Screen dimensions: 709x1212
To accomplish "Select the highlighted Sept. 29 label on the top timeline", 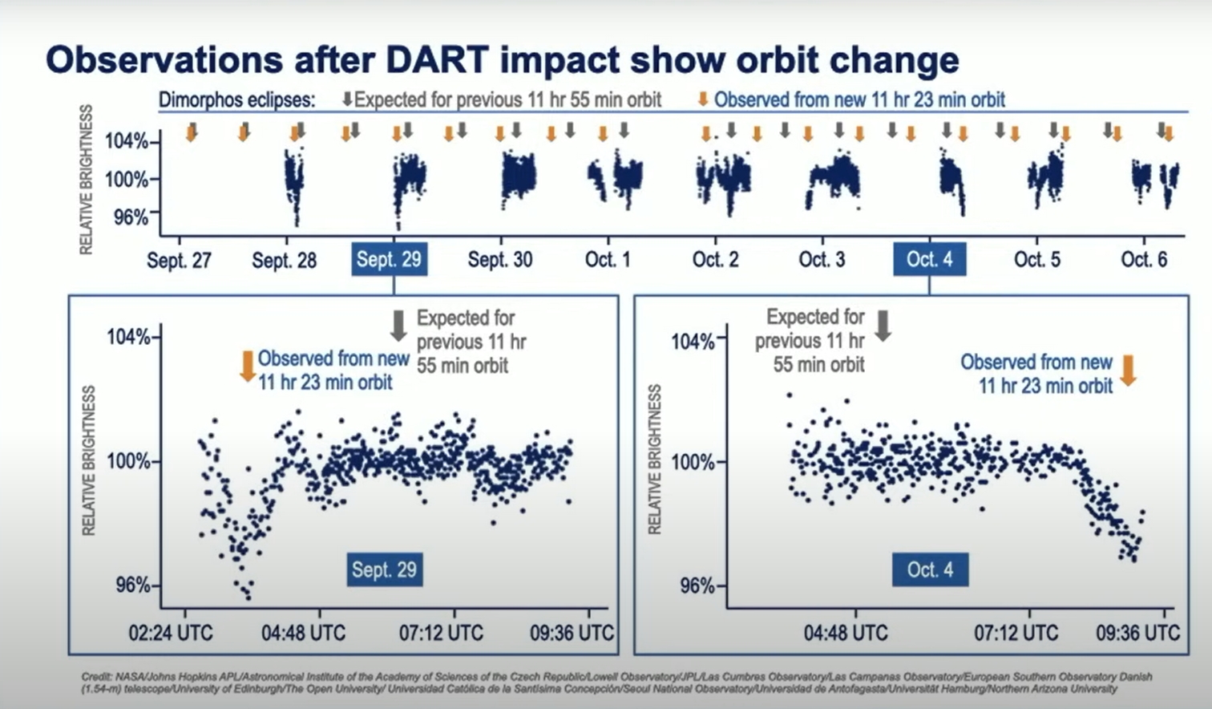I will pos(389,259).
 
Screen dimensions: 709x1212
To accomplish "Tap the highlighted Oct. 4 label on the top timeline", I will pos(929,259).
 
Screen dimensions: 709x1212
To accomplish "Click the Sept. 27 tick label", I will pos(179,260).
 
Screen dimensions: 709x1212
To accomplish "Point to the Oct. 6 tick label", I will pos(1144,260).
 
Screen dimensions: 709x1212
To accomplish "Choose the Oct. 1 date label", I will pos(608,260).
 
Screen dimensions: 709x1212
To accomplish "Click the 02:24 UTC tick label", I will pos(171,633).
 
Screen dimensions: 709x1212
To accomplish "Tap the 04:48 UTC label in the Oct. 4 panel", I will pos(846,633).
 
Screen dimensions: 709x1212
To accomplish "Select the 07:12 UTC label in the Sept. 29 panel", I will pos(441,633).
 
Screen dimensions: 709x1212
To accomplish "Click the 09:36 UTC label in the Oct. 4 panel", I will pos(1137,633).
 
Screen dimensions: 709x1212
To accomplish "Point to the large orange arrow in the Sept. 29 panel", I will pos(248,367).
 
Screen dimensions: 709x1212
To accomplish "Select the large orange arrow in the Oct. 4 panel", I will pos(1128,370).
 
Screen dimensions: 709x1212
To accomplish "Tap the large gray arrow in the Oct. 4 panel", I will pos(883,326).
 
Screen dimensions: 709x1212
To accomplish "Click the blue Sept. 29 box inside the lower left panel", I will pos(384,569).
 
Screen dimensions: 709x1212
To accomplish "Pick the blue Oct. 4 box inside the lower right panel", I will pos(930,569).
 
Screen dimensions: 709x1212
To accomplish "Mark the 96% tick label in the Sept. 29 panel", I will pos(132,585).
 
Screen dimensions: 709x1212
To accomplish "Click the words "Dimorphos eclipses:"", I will pos(236,100).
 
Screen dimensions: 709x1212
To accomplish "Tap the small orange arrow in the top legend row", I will pos(703,99).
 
